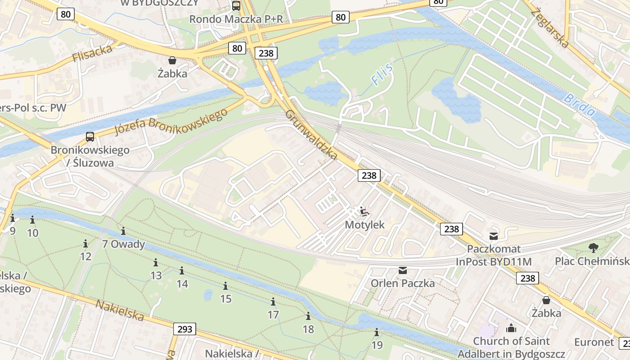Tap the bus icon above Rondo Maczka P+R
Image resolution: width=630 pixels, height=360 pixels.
pyautogui.click(x=236, y=6)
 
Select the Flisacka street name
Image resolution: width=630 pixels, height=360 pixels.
pyautogui.click(x=92, y=54)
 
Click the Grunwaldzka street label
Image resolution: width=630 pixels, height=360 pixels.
pyautogui.click(x=311, y=135)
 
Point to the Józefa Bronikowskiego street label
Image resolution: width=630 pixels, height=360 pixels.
pyautogui.click(x=171, y=121)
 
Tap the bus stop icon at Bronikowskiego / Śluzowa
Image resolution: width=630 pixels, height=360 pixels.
pyautogui.click(x=90, y=137)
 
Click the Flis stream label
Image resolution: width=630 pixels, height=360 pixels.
pyautogui.click(x=382, y=75)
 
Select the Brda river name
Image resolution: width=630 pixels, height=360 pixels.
pyautogui.click(x=580, y=105)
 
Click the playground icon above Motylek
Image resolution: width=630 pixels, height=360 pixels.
pyautogui.click(x=364, y=211)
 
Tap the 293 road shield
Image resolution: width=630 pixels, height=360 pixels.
pyautogui.click(x=184, y=329)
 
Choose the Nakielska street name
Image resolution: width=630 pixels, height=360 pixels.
pyautogui.click(x=120, y=310)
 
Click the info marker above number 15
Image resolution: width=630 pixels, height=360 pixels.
pyautogui.click(x=225, y=286)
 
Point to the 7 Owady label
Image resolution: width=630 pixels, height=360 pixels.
pyautogui.click(x=123, y=244)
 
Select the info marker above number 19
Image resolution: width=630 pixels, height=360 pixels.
pyautogui.click(x=377, y=333)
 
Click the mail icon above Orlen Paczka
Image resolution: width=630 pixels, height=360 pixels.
pyautogui.click(x=402, y=270)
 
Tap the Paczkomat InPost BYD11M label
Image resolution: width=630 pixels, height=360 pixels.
pyautogui.click(x=494, y=255)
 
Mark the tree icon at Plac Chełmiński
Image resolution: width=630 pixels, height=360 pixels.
pyautogui.click(x=593, y=247)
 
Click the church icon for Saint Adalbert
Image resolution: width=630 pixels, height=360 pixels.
pyautogui.click(x=511, y=328)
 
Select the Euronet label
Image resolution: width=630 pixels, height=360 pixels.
pyautogui.click(x=594, y=342)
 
